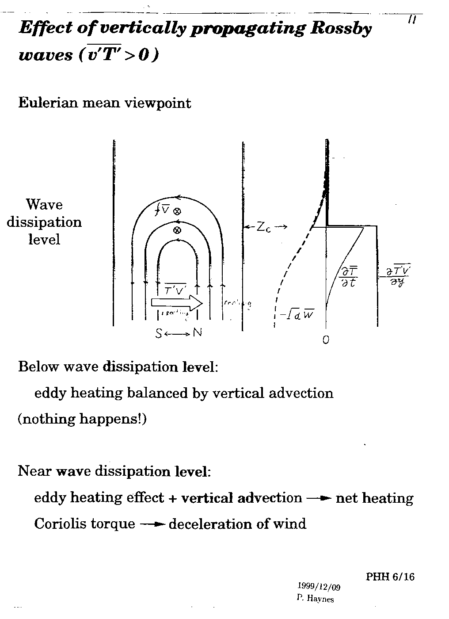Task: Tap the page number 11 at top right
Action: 412,19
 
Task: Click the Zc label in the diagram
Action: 264,227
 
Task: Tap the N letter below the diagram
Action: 197,333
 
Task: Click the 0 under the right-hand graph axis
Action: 326,340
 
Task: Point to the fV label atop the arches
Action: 163,210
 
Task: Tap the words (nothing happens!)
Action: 82,418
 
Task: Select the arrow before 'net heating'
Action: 319,499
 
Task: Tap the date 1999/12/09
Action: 319,587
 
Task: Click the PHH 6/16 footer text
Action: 390,577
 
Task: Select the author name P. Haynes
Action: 316,599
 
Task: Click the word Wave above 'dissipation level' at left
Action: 44,205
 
